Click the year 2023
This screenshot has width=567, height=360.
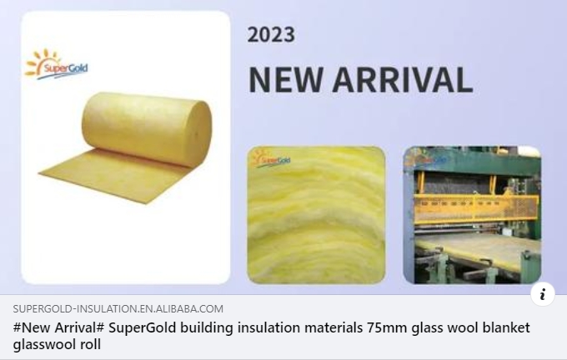tap(271, 34)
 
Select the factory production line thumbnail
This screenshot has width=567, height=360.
tap(471, 215)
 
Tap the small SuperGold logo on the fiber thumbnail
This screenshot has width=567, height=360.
tap(268, 157)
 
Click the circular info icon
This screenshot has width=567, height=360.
tap(543, 293)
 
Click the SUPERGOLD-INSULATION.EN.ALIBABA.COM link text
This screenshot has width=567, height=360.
tap(118, 309)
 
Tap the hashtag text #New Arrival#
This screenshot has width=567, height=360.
tap(55, 327)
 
